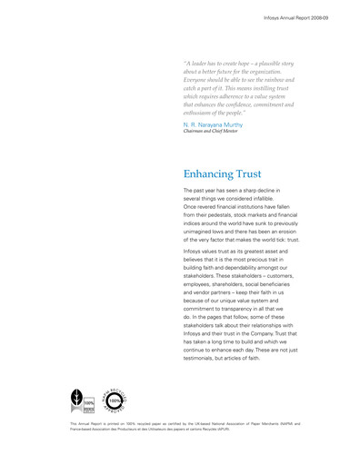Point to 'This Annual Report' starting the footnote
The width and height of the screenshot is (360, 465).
pyautogui.click(x=87, y=423)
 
